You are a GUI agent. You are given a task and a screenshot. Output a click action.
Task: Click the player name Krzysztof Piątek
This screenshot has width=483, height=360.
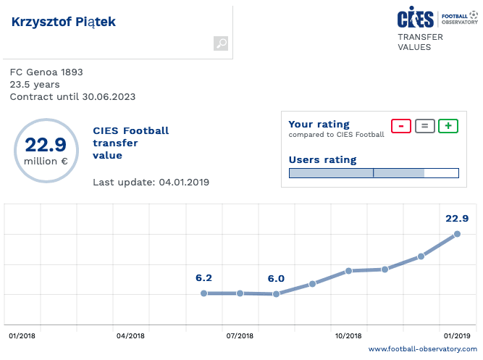click(64, 22)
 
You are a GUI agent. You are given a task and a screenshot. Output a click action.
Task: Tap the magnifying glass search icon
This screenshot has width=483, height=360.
click(221, 44)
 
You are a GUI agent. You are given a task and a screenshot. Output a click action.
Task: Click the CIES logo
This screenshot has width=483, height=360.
click(416, 19)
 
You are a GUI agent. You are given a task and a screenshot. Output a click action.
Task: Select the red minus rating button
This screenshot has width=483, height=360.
click(401, 125)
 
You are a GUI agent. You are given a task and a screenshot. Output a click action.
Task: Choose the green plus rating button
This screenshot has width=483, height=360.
click(448, 125)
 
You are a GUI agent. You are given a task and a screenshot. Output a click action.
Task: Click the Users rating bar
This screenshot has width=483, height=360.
click(374, 172)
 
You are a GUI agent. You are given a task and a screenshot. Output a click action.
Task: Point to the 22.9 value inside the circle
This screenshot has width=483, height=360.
click(46, 145)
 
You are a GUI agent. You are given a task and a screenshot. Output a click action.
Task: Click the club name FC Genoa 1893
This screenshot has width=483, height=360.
click(46, 72)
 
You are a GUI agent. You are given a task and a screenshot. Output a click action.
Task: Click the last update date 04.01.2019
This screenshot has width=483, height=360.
click(184, 182)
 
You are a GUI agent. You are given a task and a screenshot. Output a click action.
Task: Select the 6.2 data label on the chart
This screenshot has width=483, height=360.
click(203, 277)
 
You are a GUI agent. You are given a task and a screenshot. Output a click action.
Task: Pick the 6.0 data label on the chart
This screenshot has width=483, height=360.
click(276, 278)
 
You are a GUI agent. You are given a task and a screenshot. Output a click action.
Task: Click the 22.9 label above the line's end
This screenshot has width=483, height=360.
click(457, 218)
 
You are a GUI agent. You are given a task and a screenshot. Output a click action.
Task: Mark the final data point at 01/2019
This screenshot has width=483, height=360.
click(457, 234)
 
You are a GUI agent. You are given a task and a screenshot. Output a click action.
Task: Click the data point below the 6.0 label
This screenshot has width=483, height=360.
click(276, 294)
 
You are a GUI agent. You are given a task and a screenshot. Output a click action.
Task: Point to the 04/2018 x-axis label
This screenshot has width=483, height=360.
click(130, 336)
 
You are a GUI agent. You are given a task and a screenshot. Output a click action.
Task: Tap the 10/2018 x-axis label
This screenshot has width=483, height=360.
click(348, 336)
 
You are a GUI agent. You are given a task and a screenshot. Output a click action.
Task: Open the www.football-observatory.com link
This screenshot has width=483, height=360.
click(423, 350)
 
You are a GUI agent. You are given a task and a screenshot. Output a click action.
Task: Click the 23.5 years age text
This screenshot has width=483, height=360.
click(35, 84)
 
